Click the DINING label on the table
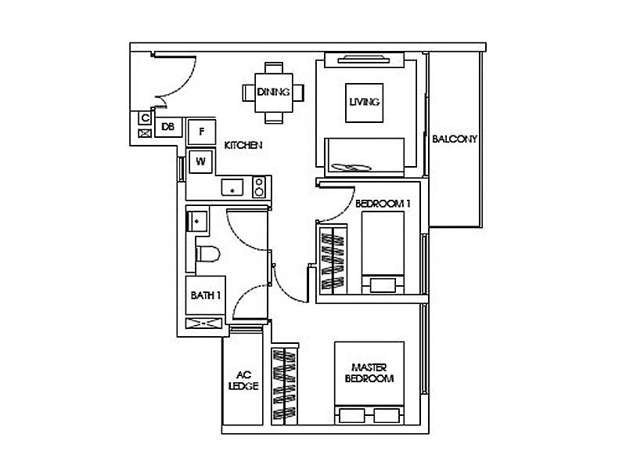[x=273, y=92]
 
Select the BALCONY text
[x=455, y=139]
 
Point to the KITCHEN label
[x=243, y=146]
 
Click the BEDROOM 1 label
[x=383, y=204]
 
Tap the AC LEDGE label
[x=243, y=380]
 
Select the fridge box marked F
[x=202, y=131]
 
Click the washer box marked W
[x=201, y=161]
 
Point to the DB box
[x=167, y=125]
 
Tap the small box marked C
[x=145, y=118]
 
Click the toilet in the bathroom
[x=207, y=254]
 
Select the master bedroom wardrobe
[x=286, y=385]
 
